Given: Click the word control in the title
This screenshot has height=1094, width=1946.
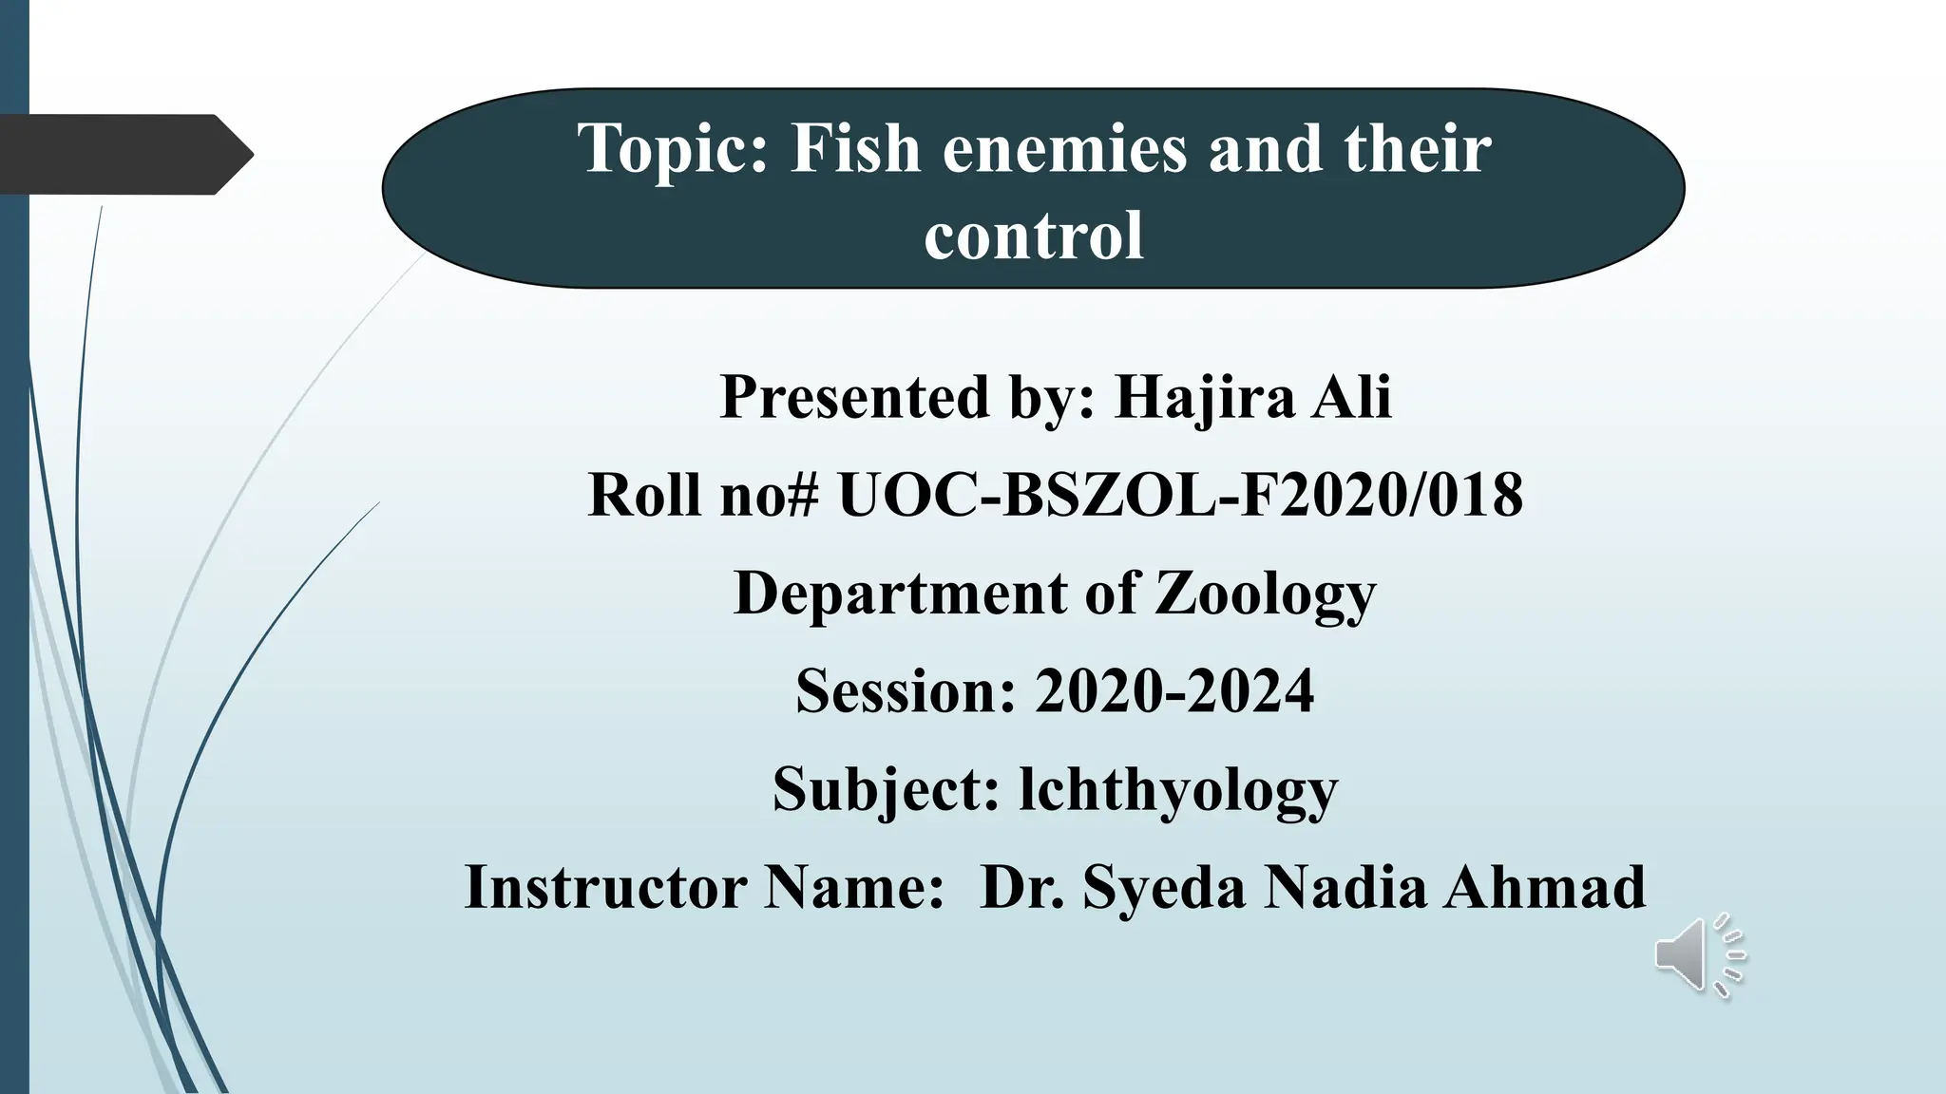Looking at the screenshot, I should point(1034,236).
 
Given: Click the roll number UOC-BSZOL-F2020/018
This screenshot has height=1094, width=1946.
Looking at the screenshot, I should point(1180,495).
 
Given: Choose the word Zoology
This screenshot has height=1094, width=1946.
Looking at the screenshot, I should point(1265,594).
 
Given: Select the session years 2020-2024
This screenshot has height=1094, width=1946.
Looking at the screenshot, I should point(1174,690).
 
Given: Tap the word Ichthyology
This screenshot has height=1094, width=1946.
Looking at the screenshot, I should point(1178,790).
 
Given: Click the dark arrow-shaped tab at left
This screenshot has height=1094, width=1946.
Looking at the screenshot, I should point(119,154).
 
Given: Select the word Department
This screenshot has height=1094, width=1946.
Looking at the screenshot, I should point(901,594).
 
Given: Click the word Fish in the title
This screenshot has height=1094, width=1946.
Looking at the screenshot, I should point(855,149).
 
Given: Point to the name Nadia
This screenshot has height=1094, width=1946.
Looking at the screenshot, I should point(1345,887).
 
